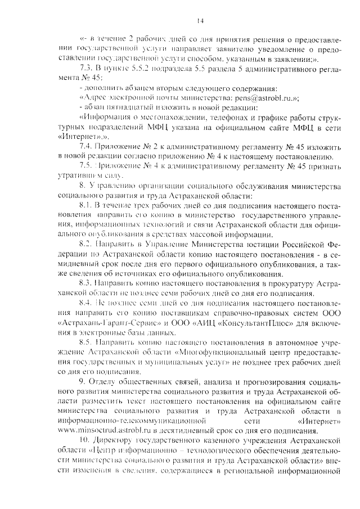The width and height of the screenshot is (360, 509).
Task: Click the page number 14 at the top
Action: point(200,21)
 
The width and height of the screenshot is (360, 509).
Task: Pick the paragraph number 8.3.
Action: point(86,285)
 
